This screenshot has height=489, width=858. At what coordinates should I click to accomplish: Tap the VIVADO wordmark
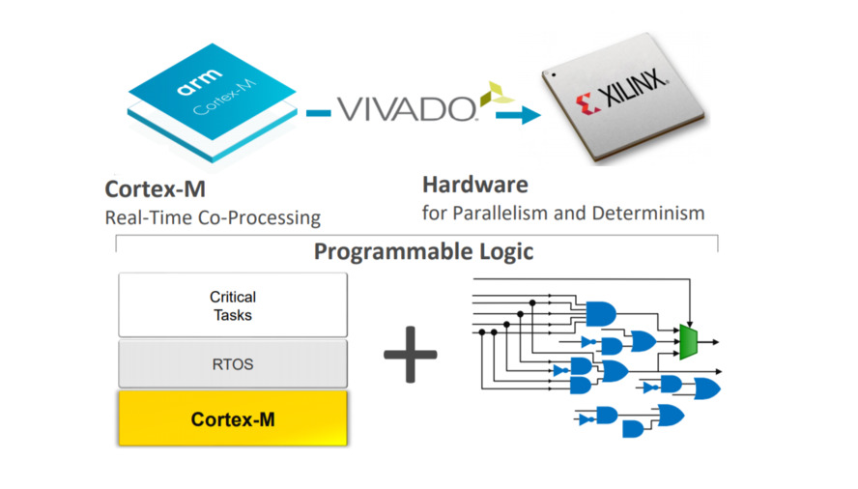(405, 108)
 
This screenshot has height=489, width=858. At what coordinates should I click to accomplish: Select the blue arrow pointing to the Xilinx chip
(519, 117)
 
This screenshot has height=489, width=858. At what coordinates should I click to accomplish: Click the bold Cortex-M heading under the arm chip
(155, 189)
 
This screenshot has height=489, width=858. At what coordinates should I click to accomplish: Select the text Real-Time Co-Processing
(213, 217)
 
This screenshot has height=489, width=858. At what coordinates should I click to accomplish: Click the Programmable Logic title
(423, 252)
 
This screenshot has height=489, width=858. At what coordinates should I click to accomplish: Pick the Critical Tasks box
(232, 304)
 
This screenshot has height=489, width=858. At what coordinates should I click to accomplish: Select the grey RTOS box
(232, 365)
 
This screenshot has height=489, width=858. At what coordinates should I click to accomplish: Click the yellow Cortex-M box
(232, 418)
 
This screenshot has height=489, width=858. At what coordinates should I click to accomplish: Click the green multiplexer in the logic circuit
(689, 341)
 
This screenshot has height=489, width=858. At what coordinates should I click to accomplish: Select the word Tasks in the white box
(232, 314)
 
